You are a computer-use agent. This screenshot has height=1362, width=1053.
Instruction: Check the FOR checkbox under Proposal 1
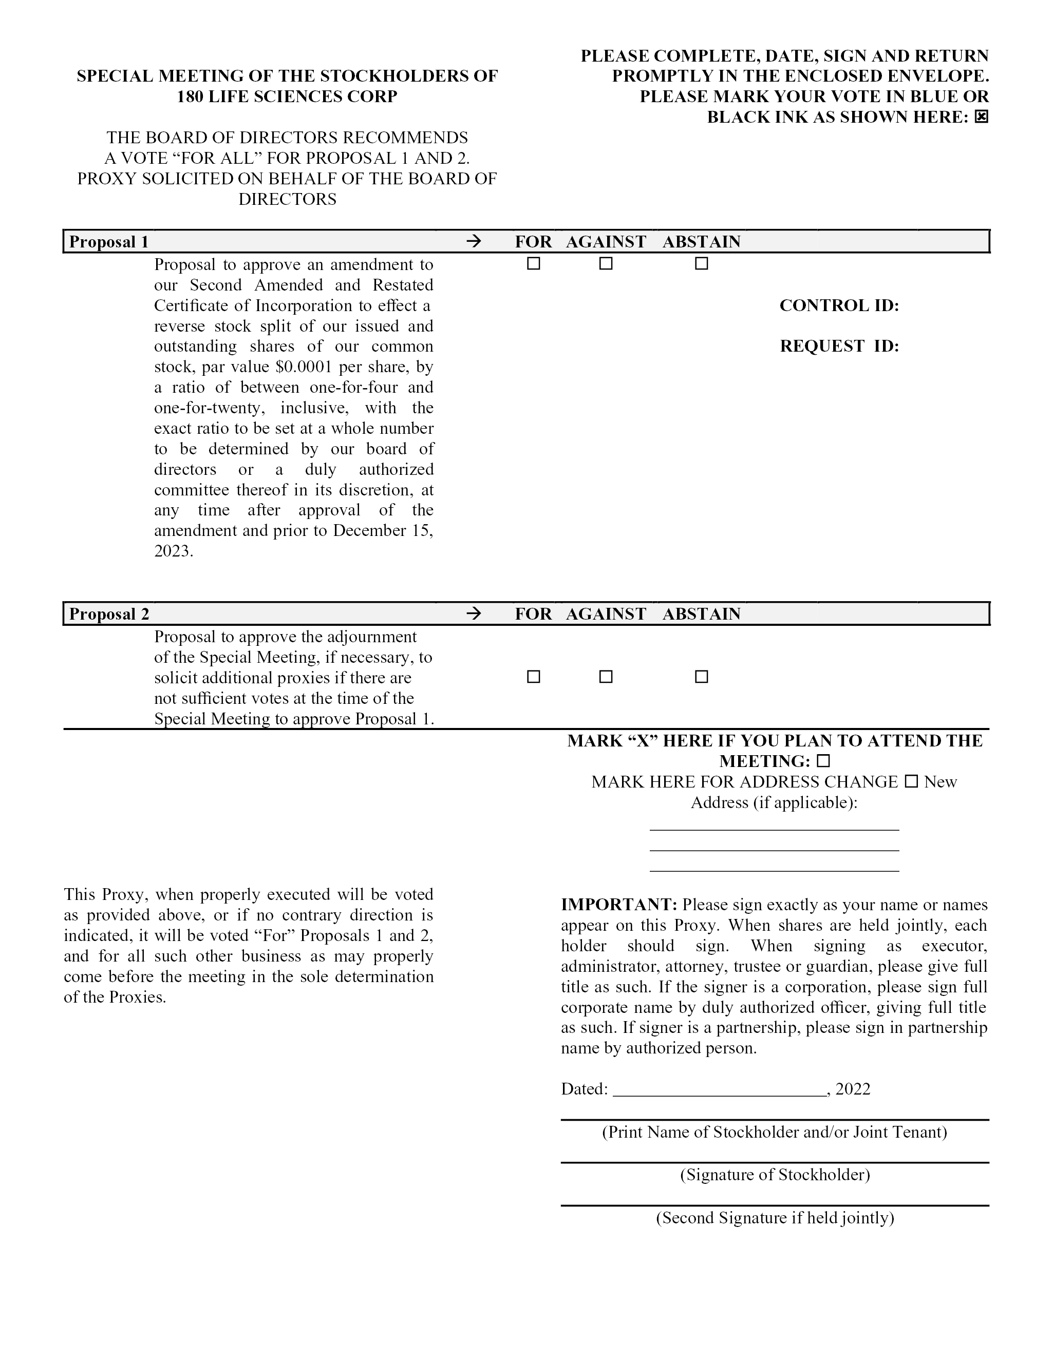[533, 264]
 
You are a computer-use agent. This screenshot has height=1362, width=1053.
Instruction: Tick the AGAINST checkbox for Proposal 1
[606, 264]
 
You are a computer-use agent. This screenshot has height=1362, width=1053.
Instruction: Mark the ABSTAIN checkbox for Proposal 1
[702, 264]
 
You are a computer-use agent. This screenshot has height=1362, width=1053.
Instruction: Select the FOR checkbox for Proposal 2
[533, 677]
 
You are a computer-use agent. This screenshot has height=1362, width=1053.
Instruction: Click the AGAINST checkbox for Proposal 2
[606, 677]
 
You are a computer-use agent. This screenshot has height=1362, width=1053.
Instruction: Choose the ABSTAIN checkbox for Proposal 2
[702, 677]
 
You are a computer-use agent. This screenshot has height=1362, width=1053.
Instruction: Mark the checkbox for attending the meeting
[823, 761]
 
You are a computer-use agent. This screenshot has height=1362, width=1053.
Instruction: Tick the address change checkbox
[911, 781]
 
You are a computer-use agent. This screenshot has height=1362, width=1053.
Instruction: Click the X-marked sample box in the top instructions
[981, 117]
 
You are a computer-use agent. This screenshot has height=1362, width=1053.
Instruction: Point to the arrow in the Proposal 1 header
[474, 241]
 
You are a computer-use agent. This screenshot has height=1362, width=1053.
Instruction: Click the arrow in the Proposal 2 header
[474, 613]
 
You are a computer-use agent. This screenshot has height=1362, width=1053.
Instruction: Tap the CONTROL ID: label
[839, 305]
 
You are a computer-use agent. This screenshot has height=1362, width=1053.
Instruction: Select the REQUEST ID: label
[839, 346]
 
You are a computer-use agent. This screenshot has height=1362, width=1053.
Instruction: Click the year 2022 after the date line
[853, 1089]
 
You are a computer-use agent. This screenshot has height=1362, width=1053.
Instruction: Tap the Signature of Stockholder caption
[775, 1175]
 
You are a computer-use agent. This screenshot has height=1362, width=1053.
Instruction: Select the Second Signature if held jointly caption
[775, 1218]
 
